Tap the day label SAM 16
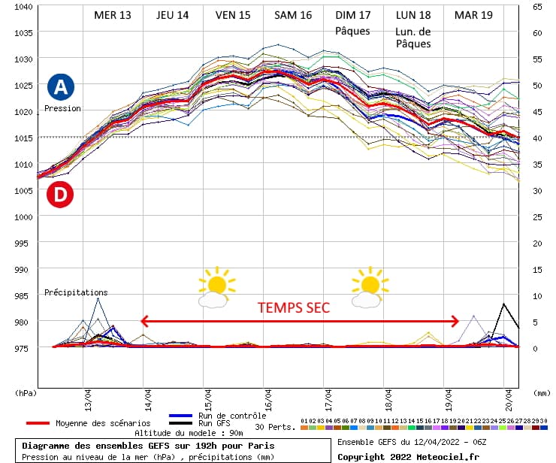293,15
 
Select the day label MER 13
113,15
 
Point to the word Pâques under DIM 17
352,30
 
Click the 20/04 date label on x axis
509,394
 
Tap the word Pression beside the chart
62,109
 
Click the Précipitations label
76,292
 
